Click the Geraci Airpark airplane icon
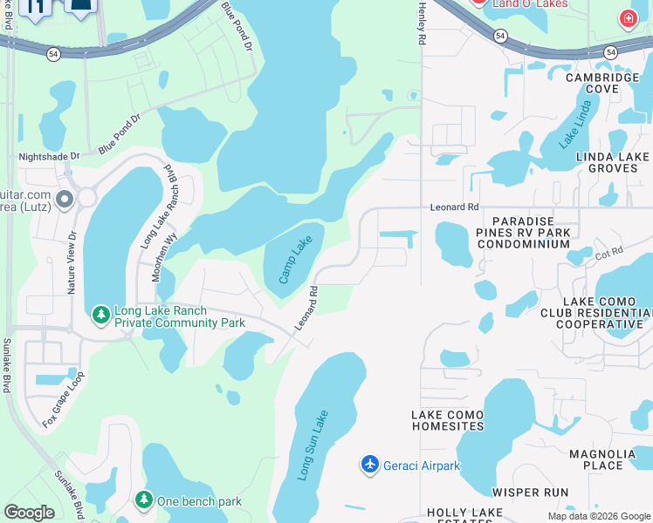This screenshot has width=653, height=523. (x=370, y=465)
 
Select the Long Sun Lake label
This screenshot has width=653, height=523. (x=313, y=445)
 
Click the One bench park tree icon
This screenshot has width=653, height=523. (x=143, y=500)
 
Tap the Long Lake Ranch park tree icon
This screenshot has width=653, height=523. (x=101, y=313)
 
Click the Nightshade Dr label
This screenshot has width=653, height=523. (x=49, y=157)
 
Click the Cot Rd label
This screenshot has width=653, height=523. (x=608, y=252)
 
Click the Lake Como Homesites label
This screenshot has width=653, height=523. (x=448, y=420)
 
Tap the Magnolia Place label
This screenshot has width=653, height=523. (x=608, y=459)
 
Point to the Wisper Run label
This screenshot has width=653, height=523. (x=530, y=492)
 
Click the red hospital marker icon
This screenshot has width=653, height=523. (x=627, y=18)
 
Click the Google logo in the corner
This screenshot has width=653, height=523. (x=29, y=513)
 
